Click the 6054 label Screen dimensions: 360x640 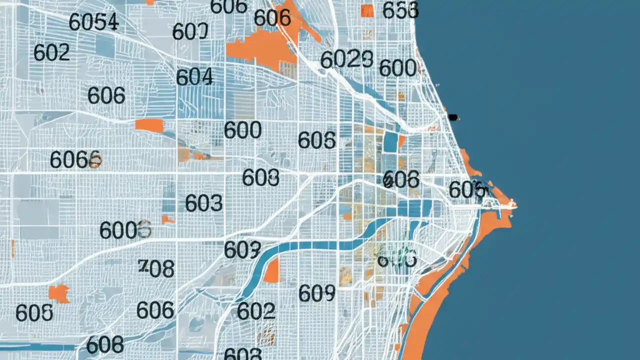[x=93, y=22]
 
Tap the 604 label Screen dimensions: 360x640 [x=194, y=77]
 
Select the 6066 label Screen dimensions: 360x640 [x=75, y=159]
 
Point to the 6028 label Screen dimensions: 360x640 [x=346, y=59]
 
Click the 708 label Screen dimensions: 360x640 [x=156, y=268]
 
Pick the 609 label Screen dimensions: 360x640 [x=316, y=293]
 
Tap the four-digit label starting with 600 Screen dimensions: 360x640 [x=125, y=230]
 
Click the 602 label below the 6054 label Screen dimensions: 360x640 [x=51, y=52]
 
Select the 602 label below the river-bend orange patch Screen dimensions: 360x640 [x=256, y=311]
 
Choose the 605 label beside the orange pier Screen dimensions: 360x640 [x=467, y=189]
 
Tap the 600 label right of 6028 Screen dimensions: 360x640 [x=398, y=67]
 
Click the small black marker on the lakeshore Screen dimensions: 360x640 [x=453, y=117]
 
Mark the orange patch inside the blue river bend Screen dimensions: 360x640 [x=272, y=271]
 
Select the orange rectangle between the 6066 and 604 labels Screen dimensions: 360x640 [x=149, y=125]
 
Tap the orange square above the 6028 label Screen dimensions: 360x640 [x=367, y=10]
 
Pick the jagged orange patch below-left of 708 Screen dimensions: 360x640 [x=59, y=293]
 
